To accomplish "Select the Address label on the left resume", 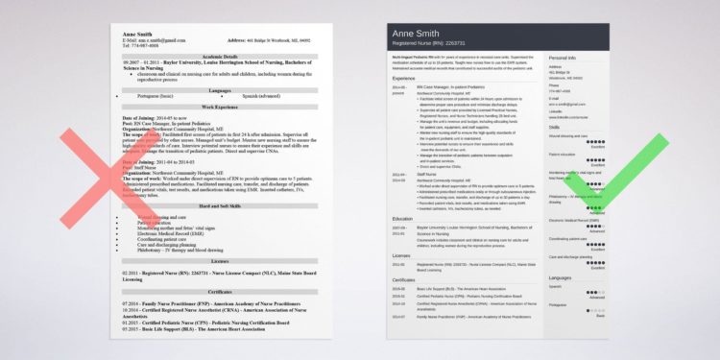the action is click(239, 41).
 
